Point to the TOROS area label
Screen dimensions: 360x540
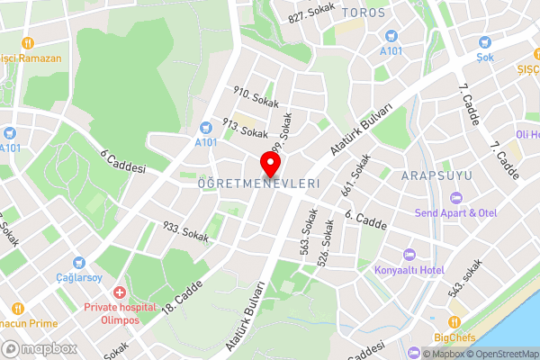[364, 13]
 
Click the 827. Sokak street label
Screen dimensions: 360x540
[311, 13]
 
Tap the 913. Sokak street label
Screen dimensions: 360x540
[245, 130]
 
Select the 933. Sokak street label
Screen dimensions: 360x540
[185, 232]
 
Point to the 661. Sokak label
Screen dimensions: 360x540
[355, 176]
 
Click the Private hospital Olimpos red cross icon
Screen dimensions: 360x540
[119, 293]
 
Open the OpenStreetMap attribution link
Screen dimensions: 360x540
[503, 353]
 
